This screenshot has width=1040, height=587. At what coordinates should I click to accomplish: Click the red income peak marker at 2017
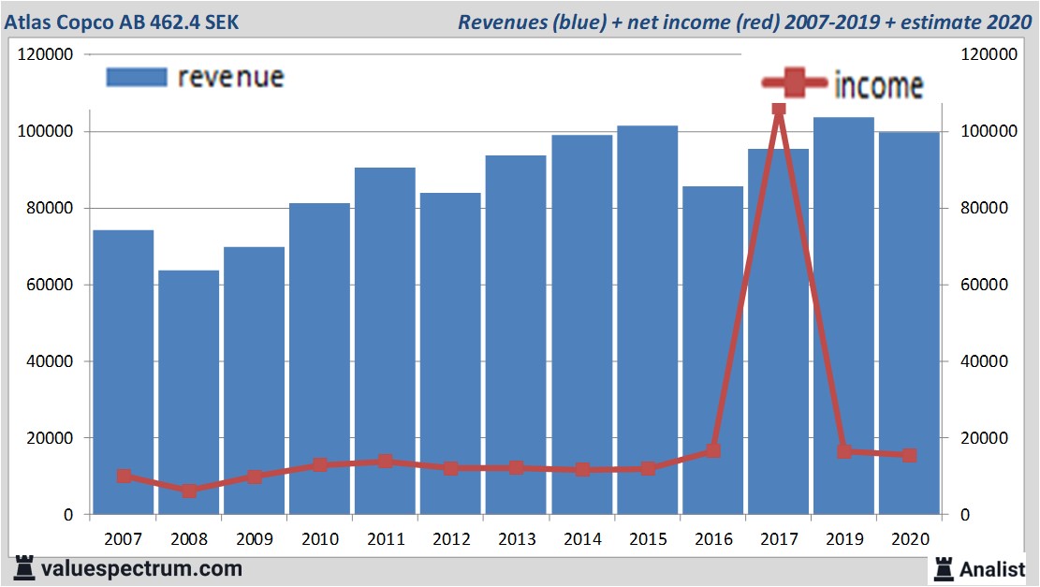[778, 108]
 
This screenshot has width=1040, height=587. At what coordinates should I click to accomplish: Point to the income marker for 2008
[189, 491]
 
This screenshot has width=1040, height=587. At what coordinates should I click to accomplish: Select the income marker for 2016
[713, 450]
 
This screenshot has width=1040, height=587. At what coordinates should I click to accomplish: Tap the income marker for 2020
[909, 455]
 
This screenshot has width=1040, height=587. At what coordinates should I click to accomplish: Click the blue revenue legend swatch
[137, 77]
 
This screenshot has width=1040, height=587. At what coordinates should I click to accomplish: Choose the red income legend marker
[795, 84]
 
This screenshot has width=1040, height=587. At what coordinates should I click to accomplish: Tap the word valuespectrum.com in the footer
[141, 568]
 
